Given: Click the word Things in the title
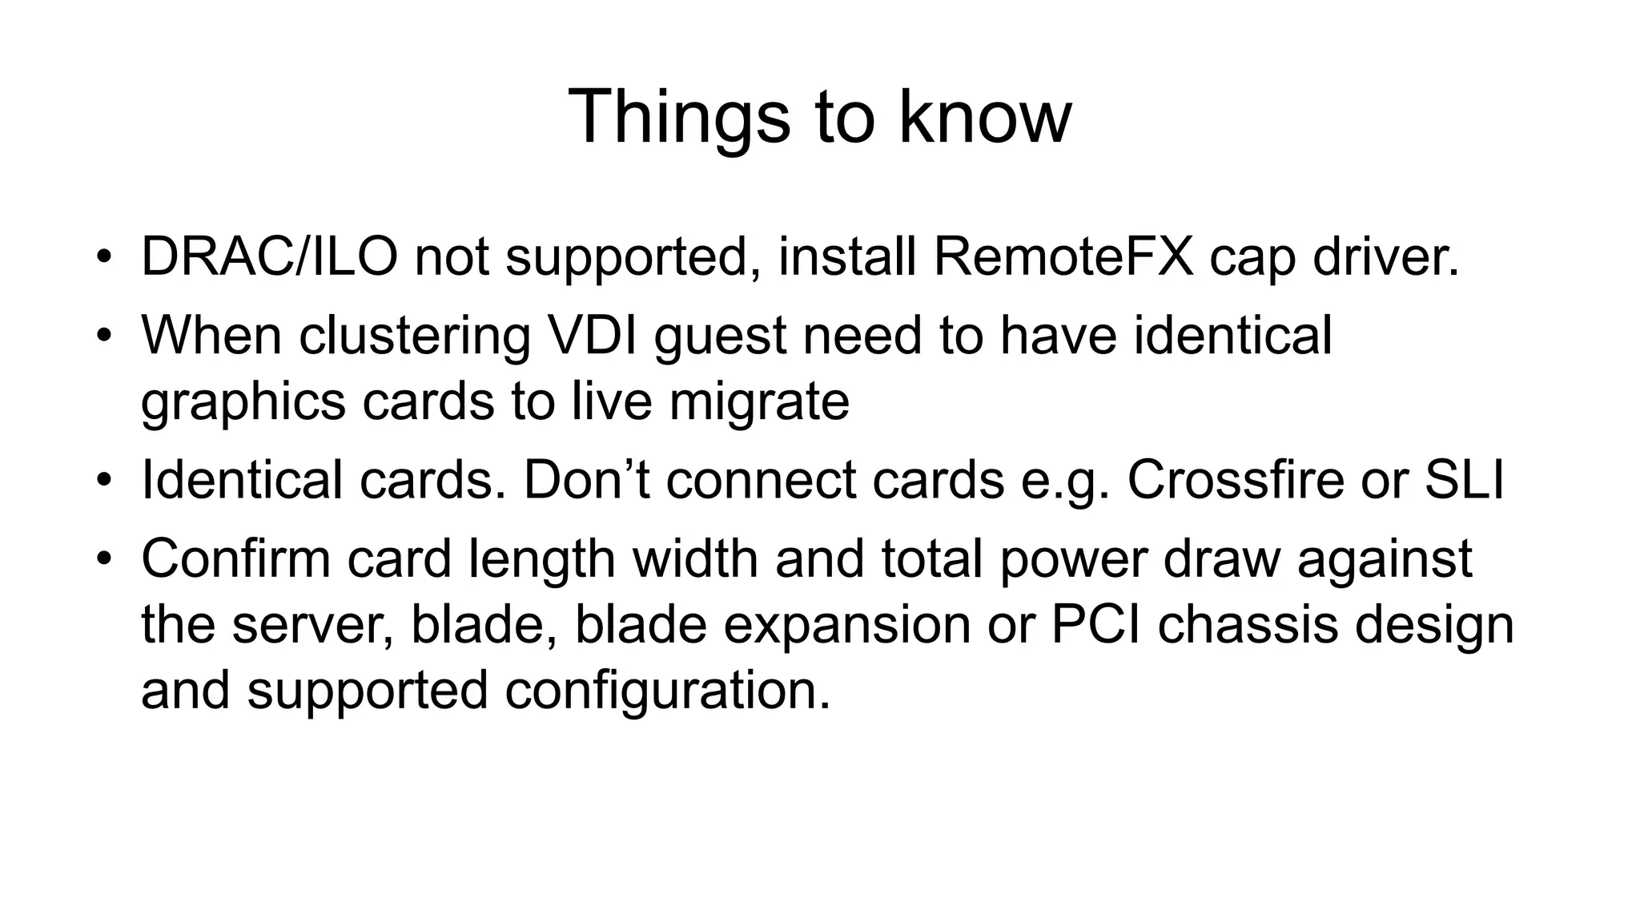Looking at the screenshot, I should (679, 117).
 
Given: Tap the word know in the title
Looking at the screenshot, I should (984, 117).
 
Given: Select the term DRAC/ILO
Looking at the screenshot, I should (269, 258).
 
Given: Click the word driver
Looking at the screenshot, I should (1373, 258).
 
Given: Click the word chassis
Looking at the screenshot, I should (1248, 625).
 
